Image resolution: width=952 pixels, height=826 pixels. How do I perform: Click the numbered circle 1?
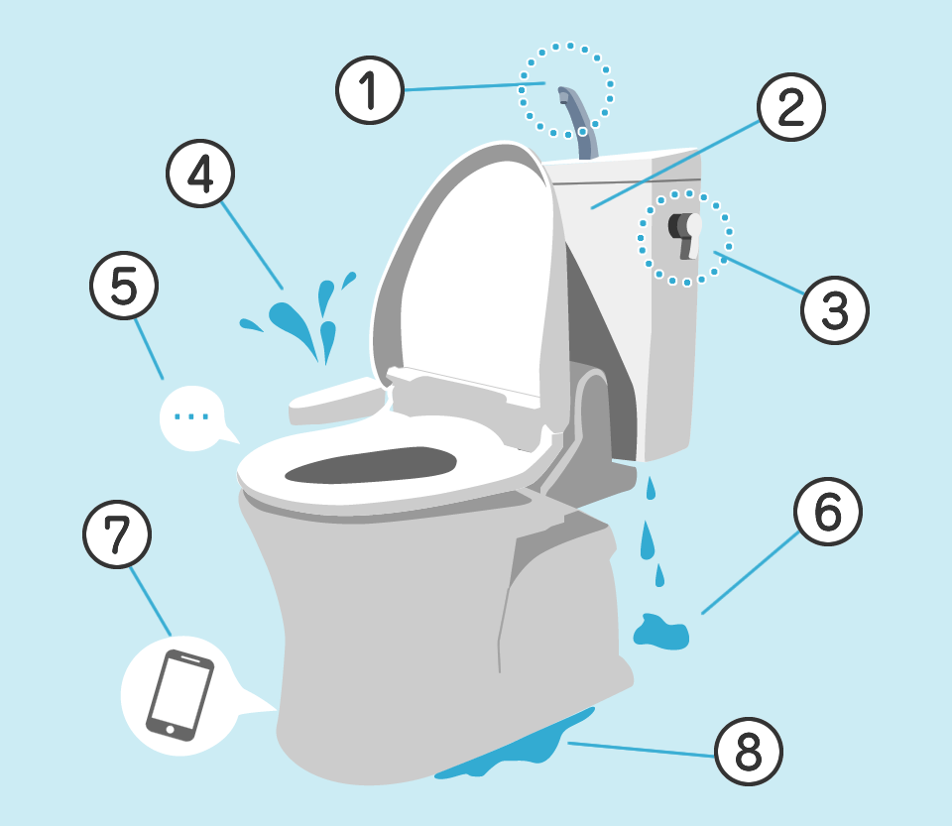pyautogui.click(x=370, y=90)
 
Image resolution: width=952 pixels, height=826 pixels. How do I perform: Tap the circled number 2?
pyautogui.click(x=791, y=107)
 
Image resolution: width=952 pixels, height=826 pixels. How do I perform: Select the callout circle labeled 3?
pyautogui.click(x=835, y=310)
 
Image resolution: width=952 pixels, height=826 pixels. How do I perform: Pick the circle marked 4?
pyautogui.click(x=200, y=174)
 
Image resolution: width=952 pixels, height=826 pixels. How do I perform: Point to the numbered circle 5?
pyautogui.click(x=124, y=286)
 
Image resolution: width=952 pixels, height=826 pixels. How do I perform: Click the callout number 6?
pyautogui.click(x=827, y=512)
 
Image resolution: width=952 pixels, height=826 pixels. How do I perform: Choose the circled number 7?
pyautogui.click(x=117, y=534)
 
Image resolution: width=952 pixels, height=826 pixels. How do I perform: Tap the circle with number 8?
pyautogui.click(x=749, y=752)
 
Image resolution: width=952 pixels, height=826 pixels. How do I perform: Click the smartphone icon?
pyautogui.click(x=179, y=695)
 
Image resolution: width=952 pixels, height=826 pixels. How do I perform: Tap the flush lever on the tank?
pyautogui.click(x=686, y=235)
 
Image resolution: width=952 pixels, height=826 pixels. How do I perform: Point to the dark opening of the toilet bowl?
pyautogui.click(x=370, y=465)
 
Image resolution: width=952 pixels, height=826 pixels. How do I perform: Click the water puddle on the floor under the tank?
pyautogui.click(x=661, y=632)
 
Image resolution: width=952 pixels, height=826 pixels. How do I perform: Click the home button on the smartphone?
pyautogui.click(x=170, y=729)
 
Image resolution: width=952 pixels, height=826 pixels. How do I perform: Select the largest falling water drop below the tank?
pyautogui.click(x=648, y=540)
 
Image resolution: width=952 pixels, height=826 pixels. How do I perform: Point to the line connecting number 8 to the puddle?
pyautogui.click(x=642, y=750)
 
